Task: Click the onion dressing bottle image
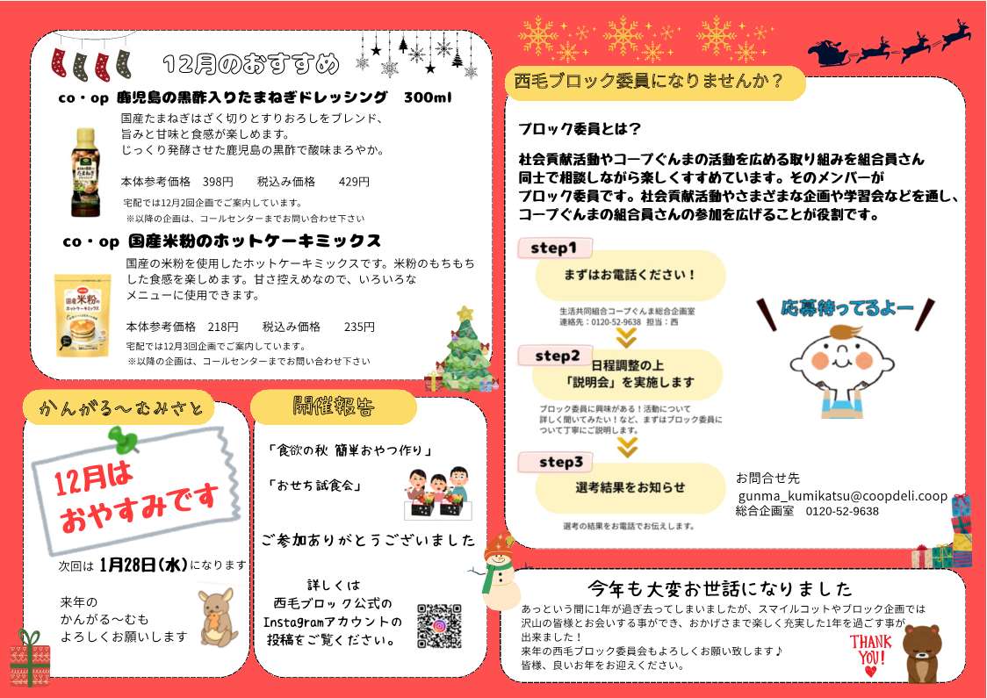pyautogui.click(x=85, y=172)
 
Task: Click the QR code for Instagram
pyautogui.click(x=439, y=626)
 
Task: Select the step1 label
pyautogui.click(x=554, y=248)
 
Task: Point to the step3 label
pyautogui.click(x=560, y=463)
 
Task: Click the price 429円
pyautogui.click(x=354, y=182)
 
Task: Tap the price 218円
pyautogui.click(x=223, y=327)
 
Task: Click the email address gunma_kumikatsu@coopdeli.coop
pyautogui.click(x=843, y=496)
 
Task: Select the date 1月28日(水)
pyautogui.click(x=143, y=565)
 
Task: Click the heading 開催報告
pyautogui.click(x=334, y=407)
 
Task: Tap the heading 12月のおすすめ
pyautogui.click(x=250, y=63)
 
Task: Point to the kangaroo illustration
pyautogui.click(x=218, y=617)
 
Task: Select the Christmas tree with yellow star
pyautogui.click(x=465, y=350)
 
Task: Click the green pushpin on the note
pyautogui.click(x=124, y=439)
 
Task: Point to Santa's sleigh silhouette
pyautogui.click(x=830, y=54)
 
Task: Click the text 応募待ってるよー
pyautogui.click(x=847, y=308)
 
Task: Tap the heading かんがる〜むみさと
pyautogui.click(x=121, y=409)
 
